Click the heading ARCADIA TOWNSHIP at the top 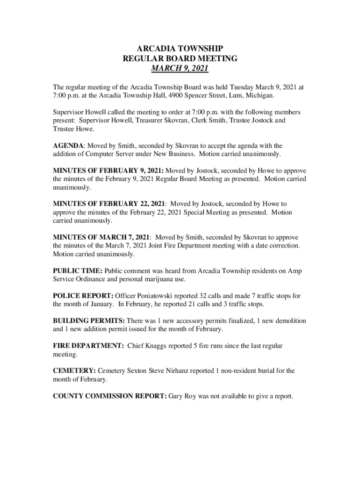click(180, 49)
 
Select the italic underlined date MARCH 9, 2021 click(180, 69)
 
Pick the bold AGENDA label click(68, 146)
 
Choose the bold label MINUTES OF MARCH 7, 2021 click(101, 238)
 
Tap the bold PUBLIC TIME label click(77, 271)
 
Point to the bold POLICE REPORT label click(82, 296)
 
